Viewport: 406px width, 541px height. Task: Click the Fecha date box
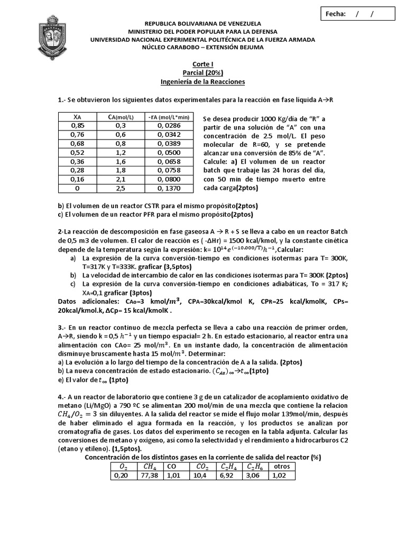(x=361, y=14)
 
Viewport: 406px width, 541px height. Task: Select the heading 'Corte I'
(x=203, y=63)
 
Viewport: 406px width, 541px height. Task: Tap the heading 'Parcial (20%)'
(x=203, y=72)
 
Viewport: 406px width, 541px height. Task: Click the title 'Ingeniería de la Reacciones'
(x=203, y=82)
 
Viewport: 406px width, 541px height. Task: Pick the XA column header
(x=77, y=116)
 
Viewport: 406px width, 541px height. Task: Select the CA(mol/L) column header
(x=120, y=116)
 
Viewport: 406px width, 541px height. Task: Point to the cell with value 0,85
(x=77, y=125)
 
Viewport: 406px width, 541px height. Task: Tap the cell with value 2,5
(x=120, y=188)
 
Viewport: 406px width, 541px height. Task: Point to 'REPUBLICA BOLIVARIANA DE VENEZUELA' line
(x=203, y=24)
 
